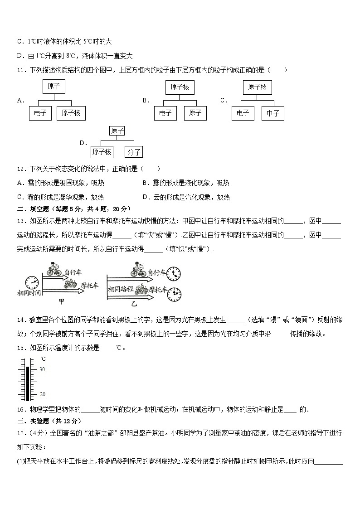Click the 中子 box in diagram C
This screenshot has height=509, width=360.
(272, 113)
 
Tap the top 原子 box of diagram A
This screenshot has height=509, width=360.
(54, 86)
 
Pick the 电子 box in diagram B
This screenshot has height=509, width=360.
(165, 113)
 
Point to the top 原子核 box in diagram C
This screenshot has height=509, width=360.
(258, 87)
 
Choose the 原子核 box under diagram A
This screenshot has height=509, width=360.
(71, 113)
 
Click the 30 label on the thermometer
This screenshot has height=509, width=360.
(42, 369)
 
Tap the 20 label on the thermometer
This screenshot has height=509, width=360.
(42, 394)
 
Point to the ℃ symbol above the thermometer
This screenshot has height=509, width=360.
(43, 359)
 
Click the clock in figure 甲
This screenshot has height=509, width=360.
(31, 282)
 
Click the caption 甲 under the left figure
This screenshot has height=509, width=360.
(62, 301)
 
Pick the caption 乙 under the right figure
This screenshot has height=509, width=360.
(134, 303)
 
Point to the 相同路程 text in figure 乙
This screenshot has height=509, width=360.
(121, 289)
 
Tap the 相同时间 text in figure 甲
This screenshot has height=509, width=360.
(29, 293)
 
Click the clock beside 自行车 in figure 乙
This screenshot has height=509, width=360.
(173, 274)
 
